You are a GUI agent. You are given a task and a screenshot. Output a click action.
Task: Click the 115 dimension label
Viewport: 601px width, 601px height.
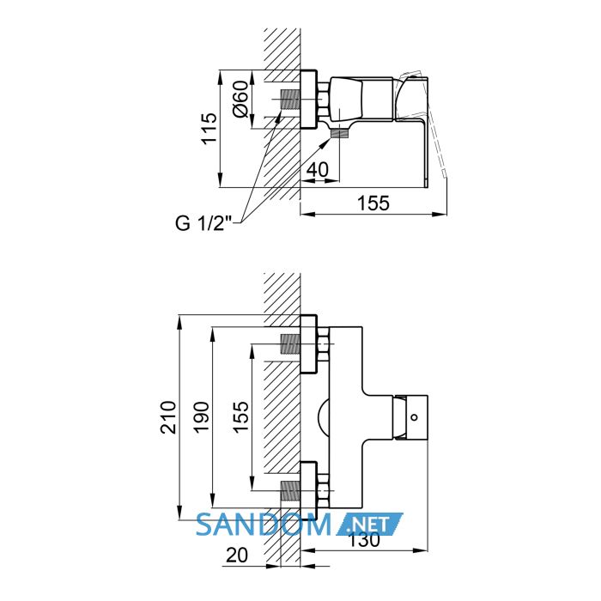pyautogui.click(x=209, y=128)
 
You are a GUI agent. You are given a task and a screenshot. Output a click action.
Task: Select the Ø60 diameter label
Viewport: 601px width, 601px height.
pyautogui.click(x=241, y=99)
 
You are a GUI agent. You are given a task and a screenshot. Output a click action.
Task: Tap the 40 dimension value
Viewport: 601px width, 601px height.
pyautogui.click(x=318, y=169)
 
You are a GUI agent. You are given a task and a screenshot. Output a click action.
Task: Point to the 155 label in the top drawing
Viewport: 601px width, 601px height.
pyautogui.click(x=373, y=203)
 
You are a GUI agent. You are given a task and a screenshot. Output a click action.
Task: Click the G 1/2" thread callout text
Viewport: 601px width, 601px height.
pyautogui.click(x=203, y=223)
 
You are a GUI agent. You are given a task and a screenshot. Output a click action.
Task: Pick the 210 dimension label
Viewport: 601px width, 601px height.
pyautogui.click(x=168, y=417)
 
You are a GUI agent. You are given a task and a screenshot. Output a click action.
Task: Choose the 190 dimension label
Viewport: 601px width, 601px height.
pyautogui.click(x=201, y=417)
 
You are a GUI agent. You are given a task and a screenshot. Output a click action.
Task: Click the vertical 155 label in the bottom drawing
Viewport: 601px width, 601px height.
pyautogui.click(x=240, y=417)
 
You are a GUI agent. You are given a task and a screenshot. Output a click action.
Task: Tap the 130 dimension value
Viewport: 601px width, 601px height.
pyautogui.click(x=364, y=540)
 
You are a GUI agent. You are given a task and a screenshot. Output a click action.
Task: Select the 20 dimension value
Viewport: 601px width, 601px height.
pyautogui.click(x=237, y=555)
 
